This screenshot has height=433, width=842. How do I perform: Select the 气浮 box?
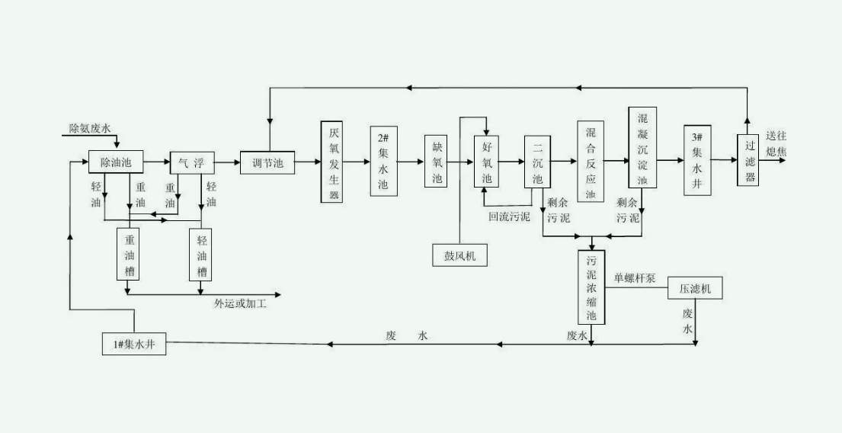click(x=192, y=162)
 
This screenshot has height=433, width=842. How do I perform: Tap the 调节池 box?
click(x=267, y=162)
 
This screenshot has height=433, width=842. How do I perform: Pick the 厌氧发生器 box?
click(x=333, y=162)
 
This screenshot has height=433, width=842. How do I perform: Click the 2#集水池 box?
click(x=383, y=162)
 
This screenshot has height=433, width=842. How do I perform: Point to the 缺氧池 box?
click(x=437, y=162)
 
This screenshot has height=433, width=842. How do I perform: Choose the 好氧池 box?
click(x=487, y=162)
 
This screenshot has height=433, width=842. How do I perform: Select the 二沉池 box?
click(x=537, y=162)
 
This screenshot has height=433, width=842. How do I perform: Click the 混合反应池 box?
click(x=591, y=162)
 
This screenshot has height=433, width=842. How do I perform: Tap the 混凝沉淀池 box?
click(x=642, y=148)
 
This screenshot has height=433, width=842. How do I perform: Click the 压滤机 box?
click(x=694, y=290)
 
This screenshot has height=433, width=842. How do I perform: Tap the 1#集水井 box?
click(x=135, y=345)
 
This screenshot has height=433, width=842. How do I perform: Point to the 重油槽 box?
click(x=129, y=255)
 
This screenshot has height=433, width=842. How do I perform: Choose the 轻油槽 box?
click(x=201, y=255)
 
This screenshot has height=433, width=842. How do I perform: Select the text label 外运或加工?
click(x=240, y=303)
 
